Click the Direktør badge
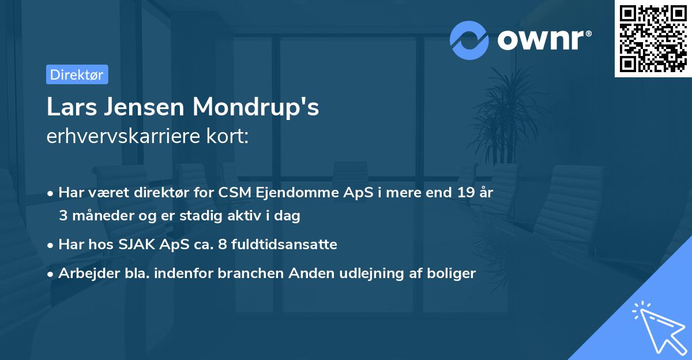click(77, 74)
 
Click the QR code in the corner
click(653, 39)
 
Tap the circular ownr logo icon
click(469, 40)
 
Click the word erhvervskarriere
click(127, 137)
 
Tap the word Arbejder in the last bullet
click(84, 273)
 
